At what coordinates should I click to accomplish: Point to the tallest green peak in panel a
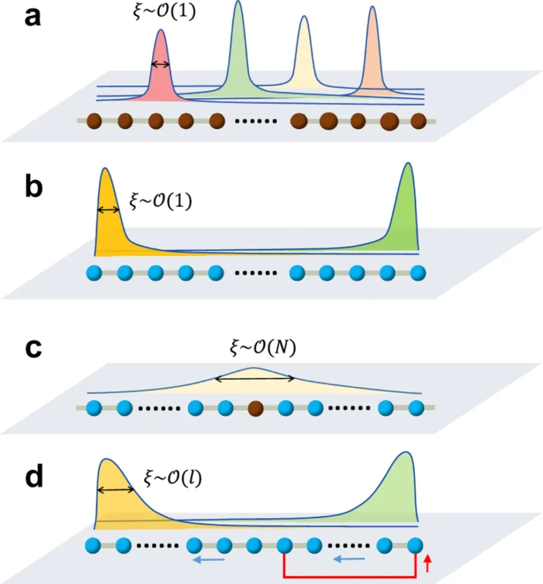[237, 51]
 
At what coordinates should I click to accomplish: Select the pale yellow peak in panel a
[304, 57]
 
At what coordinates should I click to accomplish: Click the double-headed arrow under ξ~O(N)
[254, 378]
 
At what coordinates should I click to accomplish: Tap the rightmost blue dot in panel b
[418, 273]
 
